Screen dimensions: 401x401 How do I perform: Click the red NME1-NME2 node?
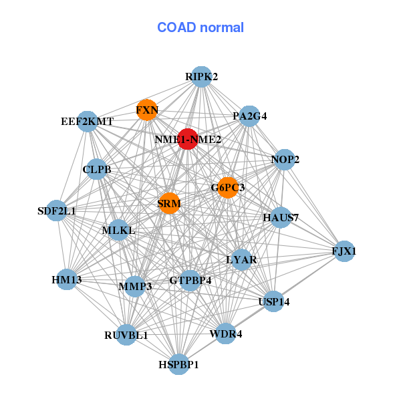[x=188, y=139]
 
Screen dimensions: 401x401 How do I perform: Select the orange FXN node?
[x=147, y=110]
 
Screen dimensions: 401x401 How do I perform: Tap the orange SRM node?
[x=169, y=203]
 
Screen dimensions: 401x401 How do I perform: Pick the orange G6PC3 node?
[x=228, y=188]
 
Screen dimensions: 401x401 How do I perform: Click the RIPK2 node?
[x=202, y=77]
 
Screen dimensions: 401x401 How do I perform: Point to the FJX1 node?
[x=345, y=251]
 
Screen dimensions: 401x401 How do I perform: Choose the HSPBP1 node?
[x=179, y=364]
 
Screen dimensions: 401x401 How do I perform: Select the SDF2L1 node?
[x=57, y=211]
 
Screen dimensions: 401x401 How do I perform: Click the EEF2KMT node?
[x=88, y=122]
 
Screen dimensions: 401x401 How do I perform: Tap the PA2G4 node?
[x=249, y=116]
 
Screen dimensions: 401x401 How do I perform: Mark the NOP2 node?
[x=285, y=160]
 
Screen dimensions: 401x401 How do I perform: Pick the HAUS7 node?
[x=281, y=217]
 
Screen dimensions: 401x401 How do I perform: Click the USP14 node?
[x=273, y=301]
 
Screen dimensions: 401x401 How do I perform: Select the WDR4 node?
[x=225, y=333]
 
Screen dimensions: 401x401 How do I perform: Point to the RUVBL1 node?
[x=126, y=335]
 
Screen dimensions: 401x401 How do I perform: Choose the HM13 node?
[x=67, y=279]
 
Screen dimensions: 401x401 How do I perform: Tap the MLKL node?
[x=118, y=230]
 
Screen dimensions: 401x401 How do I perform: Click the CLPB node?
[x=97, y=169]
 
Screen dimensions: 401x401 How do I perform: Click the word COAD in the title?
[x=176, y=27]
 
